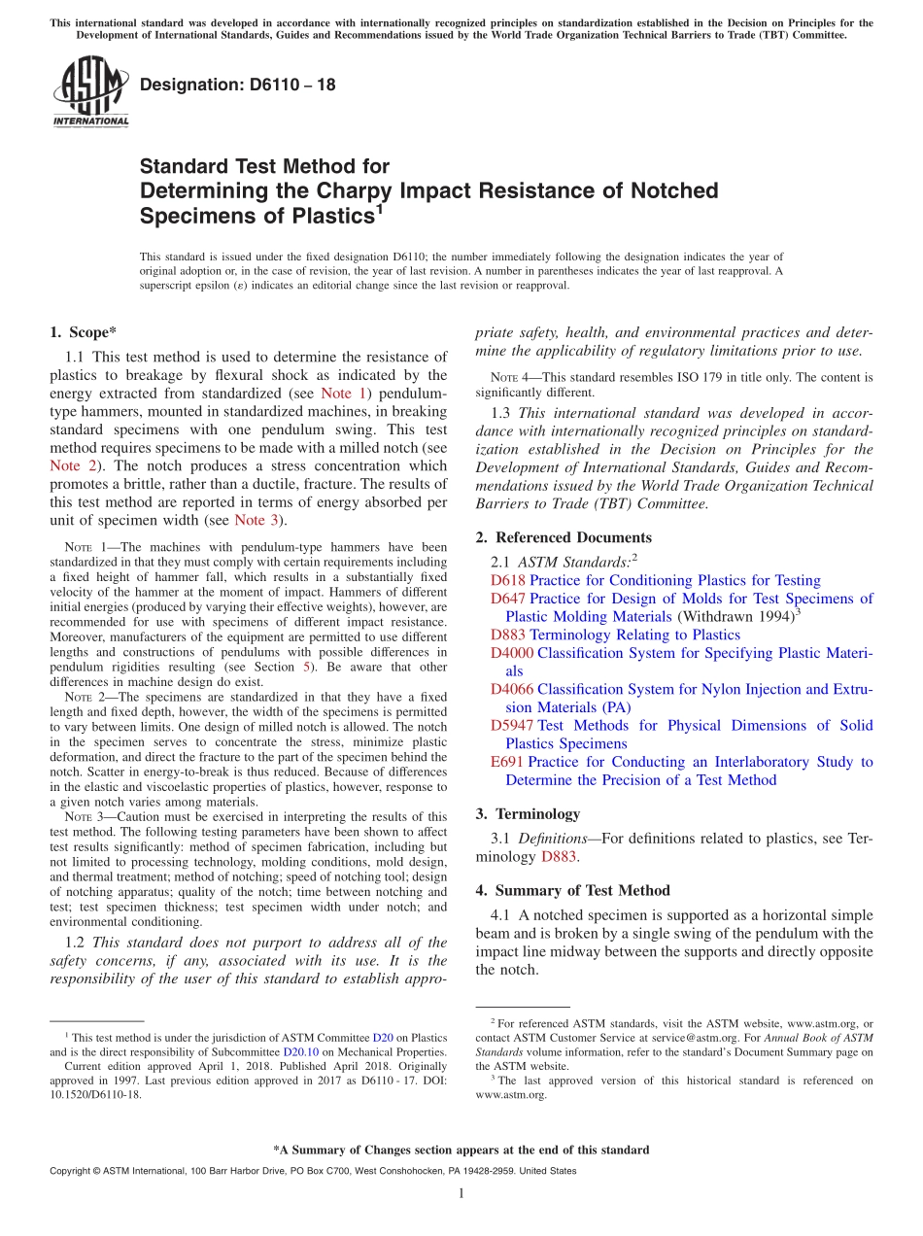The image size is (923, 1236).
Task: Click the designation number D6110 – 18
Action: [x=238, y=85]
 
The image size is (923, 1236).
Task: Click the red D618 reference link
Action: [x=507, y=580]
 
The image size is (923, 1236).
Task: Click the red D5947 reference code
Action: [x=511, y=726]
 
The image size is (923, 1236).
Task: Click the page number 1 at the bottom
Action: [x=461, y=1194]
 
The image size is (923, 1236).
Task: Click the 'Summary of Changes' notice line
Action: [x=461, y=1150]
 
